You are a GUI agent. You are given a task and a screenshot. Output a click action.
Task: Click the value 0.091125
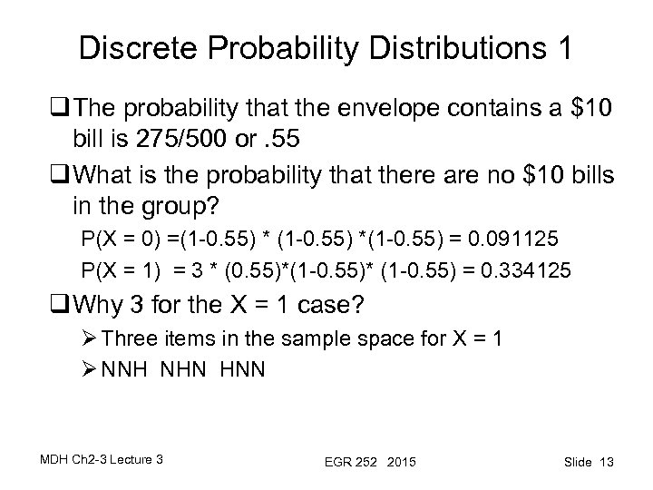pyautogui.click(x=524, y=240)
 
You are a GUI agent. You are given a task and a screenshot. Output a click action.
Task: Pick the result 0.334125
pyautogui.click(x=524, y=268)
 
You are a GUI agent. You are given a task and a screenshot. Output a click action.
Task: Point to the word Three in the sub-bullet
pyautogui.click(x=131, y=340)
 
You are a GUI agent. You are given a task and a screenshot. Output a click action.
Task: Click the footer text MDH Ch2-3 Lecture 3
pyautogui.click(x=102, y=460)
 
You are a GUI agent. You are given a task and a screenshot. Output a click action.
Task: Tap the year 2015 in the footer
pyautogui.click(x=400, y=463)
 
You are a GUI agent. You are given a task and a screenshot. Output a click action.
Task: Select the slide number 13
pyautogui.click(x=605, y=463)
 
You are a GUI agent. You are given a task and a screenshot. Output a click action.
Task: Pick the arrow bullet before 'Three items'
pyautogui.click(x=89, y=340)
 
